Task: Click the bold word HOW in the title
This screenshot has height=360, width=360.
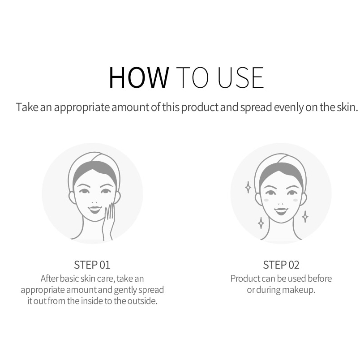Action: tap(139, 77)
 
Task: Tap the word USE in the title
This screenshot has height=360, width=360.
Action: tap(240, 77)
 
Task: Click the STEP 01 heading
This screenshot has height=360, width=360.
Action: tap(92, 265)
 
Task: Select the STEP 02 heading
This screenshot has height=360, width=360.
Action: tap(281, 265)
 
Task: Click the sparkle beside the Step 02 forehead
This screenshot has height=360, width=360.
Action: tap(248, 187)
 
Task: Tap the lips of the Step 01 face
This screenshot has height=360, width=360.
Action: tap(95, 210)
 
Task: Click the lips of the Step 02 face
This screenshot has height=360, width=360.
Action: tap(281, 211)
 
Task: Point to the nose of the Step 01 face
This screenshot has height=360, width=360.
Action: tap(94, 202)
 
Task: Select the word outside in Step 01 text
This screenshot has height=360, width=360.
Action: tap(142, 301)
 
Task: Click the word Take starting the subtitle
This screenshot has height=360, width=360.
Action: tap(27, 107)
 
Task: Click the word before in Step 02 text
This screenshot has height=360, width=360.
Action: tap(320, 279)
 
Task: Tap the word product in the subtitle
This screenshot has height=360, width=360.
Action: tap(200, 107)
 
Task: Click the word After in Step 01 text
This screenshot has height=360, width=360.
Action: tap(49, 279)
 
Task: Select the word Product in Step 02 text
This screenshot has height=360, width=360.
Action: tap(245, 279)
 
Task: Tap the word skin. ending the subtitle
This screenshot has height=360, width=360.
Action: tap(347, 107)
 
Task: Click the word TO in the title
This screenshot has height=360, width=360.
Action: tap(193, 77)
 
